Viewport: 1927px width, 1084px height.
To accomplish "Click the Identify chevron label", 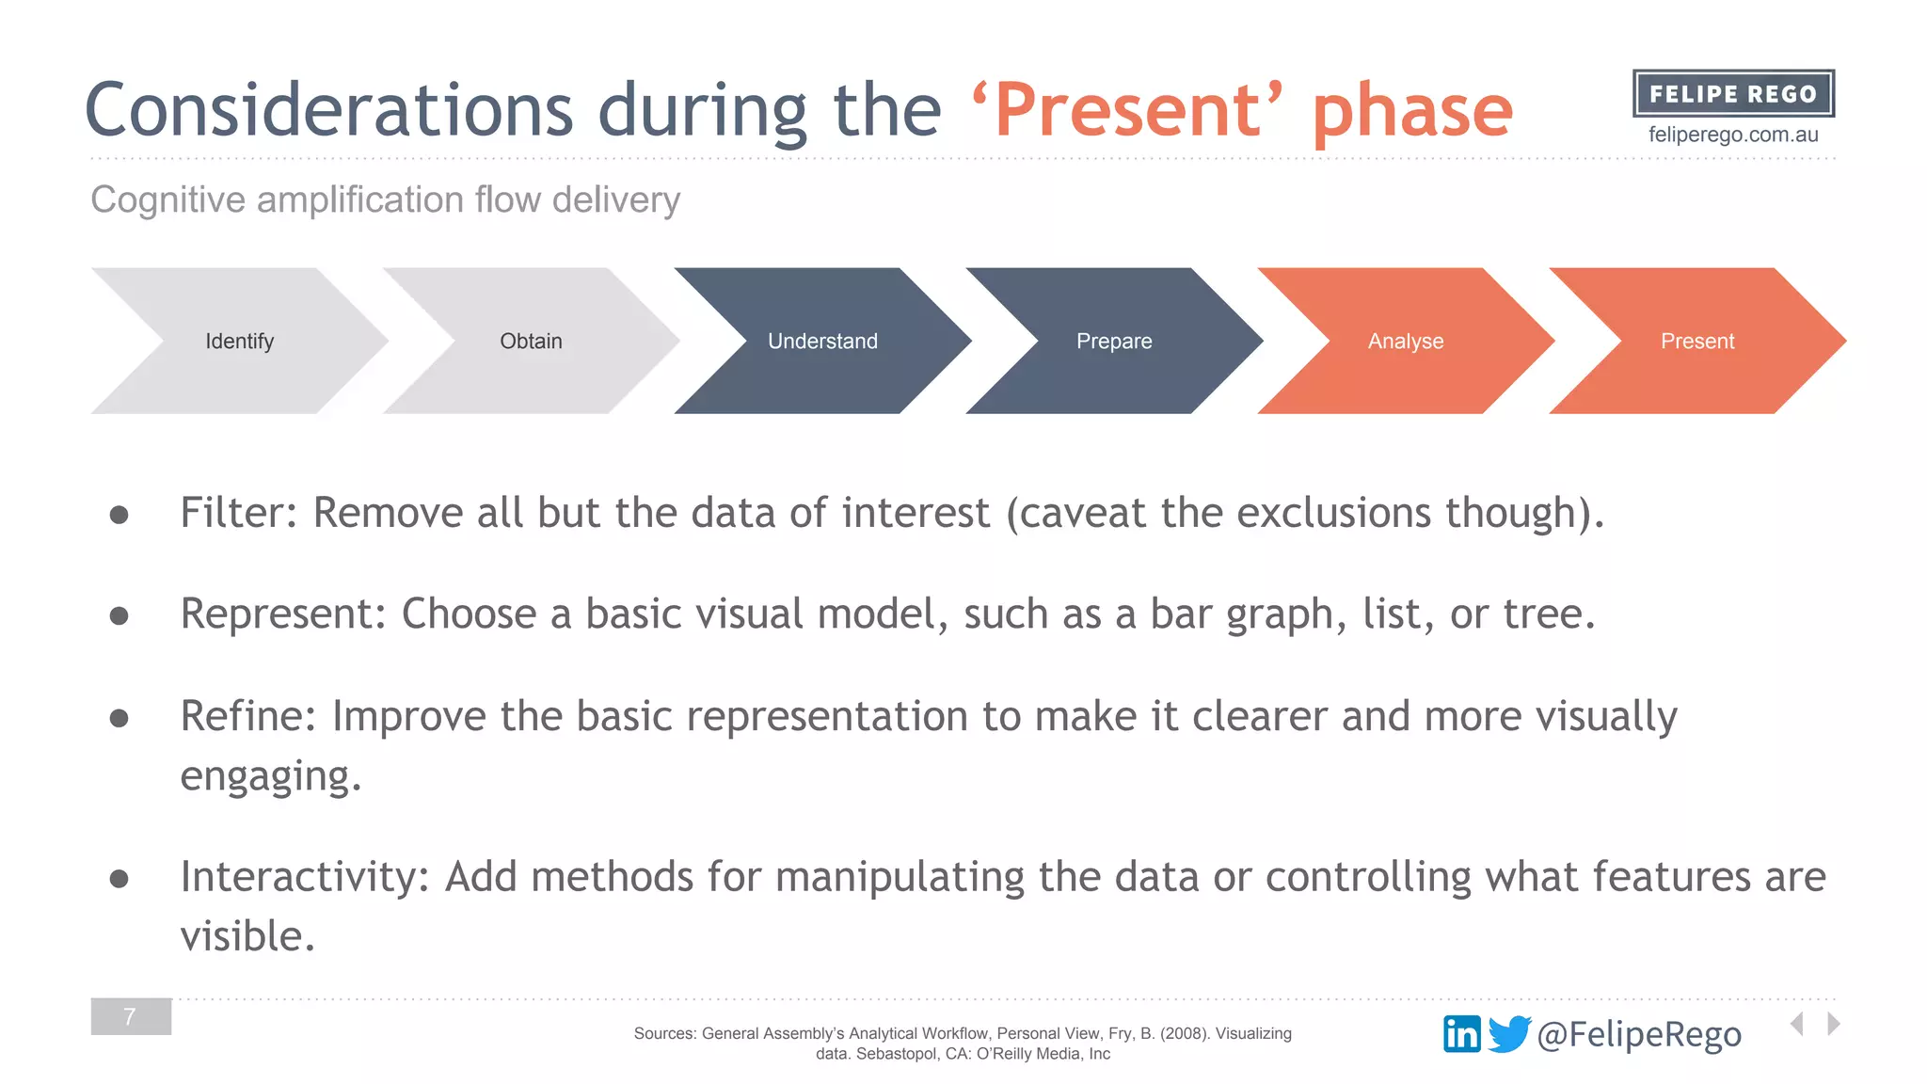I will click(x=239, y=341).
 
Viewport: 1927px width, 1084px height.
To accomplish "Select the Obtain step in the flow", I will click(x=531, y=341).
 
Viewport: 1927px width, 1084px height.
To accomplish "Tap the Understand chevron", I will click(x=822, y=341).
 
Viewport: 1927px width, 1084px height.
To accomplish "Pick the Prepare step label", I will click(x=1114, y=341).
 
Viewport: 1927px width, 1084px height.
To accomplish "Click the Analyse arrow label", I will click(x=1406, y=341).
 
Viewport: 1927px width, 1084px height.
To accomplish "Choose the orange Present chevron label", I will click(x=1697, y=341).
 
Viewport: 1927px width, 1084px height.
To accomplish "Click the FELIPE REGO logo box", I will click(x=1733, y=93).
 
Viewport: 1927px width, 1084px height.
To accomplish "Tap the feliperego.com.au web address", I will click(x=1733, y=135).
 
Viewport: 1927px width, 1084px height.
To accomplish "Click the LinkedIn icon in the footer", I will click(x=1461, y=1034).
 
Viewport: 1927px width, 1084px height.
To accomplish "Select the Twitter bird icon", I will click(x=1509, y=1033).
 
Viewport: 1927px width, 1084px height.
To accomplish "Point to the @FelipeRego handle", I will click(x=1639, y=1034).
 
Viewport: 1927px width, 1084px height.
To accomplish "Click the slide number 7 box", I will click(x=131, y=1016).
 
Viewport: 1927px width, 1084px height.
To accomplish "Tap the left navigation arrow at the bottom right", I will click(x=1797, y=1024).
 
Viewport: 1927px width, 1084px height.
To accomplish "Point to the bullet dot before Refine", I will click(x=119, y=719).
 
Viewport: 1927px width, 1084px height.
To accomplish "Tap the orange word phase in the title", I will click(x=1412, y=111).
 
